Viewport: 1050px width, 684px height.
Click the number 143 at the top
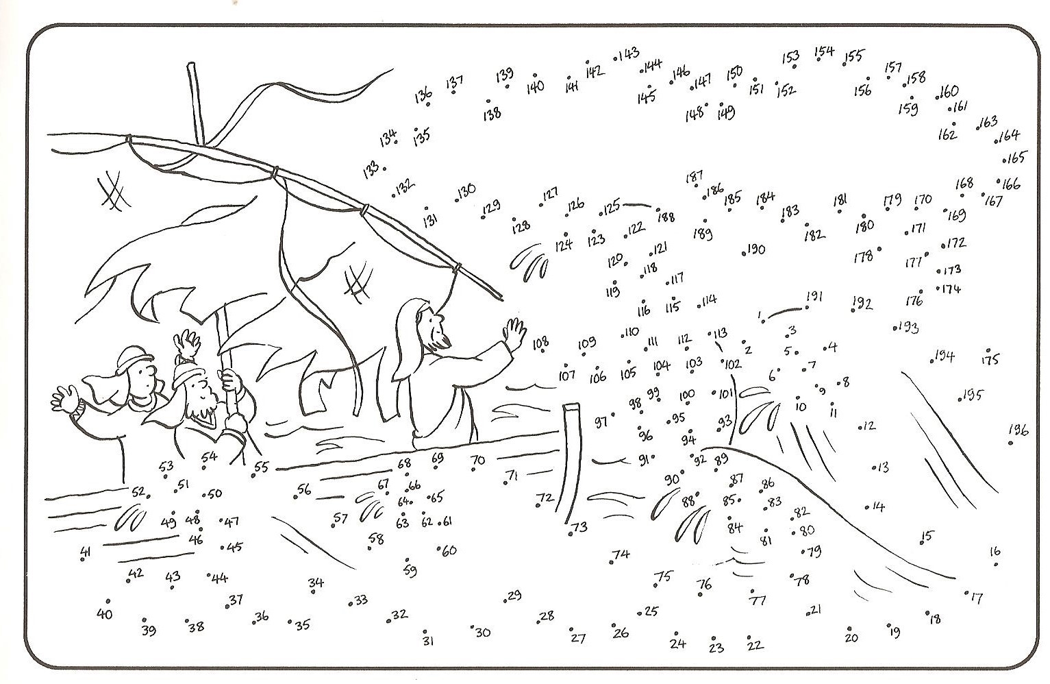[629, 53]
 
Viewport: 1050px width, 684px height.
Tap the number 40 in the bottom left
[104, 613]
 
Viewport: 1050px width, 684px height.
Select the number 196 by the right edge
[1018, 430]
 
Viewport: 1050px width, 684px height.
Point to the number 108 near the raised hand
[540, 343]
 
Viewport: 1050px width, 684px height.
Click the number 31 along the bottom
[428, 640]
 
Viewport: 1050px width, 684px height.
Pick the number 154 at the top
[824, 51]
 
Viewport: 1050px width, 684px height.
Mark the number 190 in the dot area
[755, 249]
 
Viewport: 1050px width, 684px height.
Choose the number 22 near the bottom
[755, 646]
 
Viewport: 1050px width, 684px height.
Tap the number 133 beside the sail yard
[371, 169]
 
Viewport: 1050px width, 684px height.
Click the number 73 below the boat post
[579, 527]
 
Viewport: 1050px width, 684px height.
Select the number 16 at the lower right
[995, 551]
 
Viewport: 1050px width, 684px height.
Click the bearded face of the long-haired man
[438, 328]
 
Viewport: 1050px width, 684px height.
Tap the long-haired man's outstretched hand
[514, 333]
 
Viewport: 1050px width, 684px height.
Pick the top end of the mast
[191, 64]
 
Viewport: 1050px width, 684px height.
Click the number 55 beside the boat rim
[262, 467]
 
